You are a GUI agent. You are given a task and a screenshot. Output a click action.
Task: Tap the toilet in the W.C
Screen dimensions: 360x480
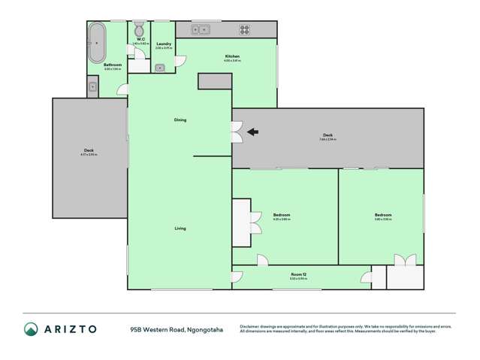[138, 31]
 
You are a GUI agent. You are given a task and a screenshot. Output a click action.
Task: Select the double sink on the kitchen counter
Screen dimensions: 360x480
[200, 31]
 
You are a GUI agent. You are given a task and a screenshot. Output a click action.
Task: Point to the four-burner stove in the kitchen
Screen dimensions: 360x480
[244, 31]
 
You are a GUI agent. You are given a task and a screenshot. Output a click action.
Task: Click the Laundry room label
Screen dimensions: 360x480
[163, 44]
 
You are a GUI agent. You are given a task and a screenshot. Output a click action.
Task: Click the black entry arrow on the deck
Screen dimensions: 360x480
[252, 132]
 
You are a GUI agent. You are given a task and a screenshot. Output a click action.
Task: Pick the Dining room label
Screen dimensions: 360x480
[180, 119]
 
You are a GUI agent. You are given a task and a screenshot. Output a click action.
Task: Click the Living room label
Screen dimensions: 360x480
[180, 228]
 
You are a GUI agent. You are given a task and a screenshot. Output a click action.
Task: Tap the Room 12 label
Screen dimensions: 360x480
[298, 275]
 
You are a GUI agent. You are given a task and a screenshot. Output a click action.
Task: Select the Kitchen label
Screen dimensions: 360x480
[232, 56]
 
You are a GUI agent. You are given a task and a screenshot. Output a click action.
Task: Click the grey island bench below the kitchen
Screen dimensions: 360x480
[215, 81]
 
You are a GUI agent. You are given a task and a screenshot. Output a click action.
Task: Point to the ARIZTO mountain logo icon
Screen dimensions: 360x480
[31, 328]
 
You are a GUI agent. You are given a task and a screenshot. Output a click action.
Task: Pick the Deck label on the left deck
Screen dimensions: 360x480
[88, 150]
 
